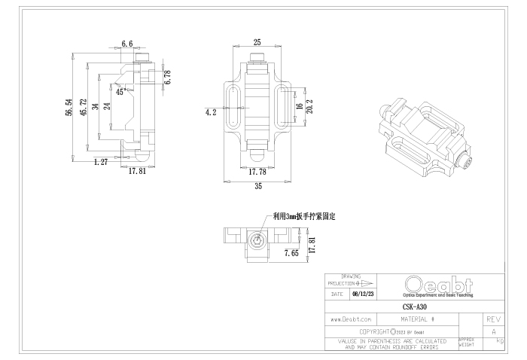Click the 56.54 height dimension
(69, 107)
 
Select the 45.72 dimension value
(82, 108)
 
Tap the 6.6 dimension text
(127, 44)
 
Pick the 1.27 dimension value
(100, 161)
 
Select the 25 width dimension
(257, 42)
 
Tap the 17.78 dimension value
(257, 171)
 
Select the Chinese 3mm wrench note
(305, 216)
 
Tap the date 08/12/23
(363, 294)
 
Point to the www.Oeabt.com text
(351, 319)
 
